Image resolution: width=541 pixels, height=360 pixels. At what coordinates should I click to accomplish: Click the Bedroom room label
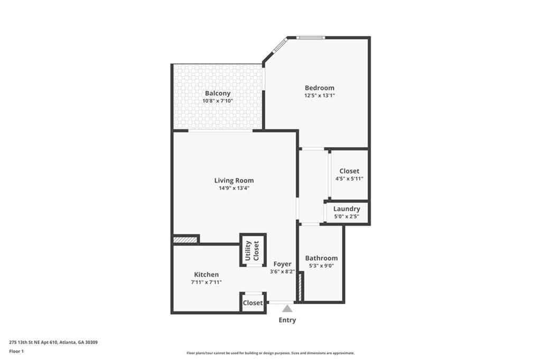pos(319,88)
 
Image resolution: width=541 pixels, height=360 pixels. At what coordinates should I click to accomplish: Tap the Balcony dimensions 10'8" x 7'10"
pos(218,101)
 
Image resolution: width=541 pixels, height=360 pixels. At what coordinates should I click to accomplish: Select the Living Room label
pos(234,181)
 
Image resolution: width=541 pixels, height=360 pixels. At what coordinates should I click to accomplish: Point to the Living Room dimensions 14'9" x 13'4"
pos(234,188)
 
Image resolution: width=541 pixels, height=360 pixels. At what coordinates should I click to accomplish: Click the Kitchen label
pos(206,274)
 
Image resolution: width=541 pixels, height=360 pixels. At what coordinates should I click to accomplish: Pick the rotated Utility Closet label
pos(252,251)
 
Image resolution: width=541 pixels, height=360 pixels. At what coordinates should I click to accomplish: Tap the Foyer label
pos(282,264)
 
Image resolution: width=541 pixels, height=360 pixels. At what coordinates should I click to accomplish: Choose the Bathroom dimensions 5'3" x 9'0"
pos(321,266)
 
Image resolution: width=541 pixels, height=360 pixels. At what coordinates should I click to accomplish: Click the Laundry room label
pos(347,209)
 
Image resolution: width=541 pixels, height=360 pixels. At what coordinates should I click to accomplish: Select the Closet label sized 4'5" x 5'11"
pos(349,171)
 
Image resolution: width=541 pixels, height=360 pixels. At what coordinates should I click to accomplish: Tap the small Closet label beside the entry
pos(253,303)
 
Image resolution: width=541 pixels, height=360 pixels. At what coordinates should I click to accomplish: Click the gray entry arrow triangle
pos(287,309)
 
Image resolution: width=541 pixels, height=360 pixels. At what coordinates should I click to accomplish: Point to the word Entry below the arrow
pos(287,320)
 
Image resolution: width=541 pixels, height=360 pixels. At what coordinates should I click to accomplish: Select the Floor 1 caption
pos(16,350)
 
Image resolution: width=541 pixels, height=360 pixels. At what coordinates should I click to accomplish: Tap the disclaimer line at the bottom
pos(270,353)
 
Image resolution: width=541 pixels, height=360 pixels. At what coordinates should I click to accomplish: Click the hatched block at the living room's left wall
pos(185,240)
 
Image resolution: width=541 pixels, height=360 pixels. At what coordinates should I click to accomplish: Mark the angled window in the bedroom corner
pos(279,46)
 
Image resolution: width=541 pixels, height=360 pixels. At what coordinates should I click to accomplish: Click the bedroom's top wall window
pos(310,37)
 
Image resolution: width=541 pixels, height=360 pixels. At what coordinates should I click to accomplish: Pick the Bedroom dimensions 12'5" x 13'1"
pos(319,96)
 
